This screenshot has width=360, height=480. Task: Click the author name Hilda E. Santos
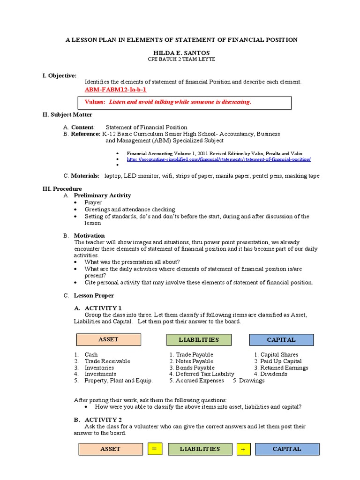180,53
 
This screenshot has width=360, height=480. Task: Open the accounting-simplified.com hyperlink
218,159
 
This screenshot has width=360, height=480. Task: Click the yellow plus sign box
243,449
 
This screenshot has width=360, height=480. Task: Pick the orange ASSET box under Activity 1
108,339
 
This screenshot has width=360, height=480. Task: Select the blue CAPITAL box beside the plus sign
287,449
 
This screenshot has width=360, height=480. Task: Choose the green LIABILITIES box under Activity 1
199,339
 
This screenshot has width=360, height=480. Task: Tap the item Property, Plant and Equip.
118,381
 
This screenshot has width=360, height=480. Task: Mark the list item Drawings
252,381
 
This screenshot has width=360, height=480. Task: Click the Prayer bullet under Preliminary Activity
93,202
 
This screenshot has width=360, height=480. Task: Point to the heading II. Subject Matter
67,115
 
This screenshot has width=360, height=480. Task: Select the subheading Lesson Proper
94,296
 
